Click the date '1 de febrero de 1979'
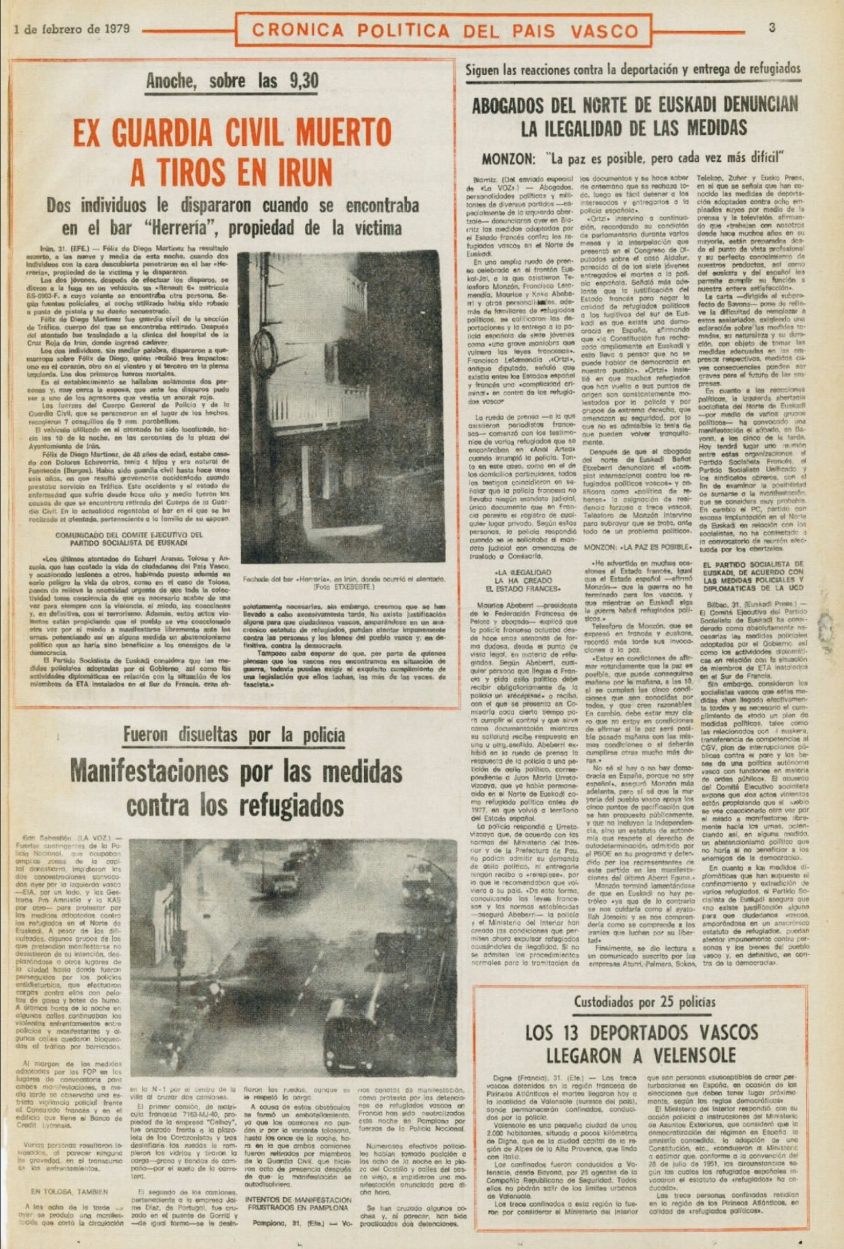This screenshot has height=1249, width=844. point(70,29)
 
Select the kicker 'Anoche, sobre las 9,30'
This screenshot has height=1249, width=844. point(232,81)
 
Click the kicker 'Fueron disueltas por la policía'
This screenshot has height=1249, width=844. point(234,736)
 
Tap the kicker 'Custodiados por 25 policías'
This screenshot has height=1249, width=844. point(645,1002)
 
